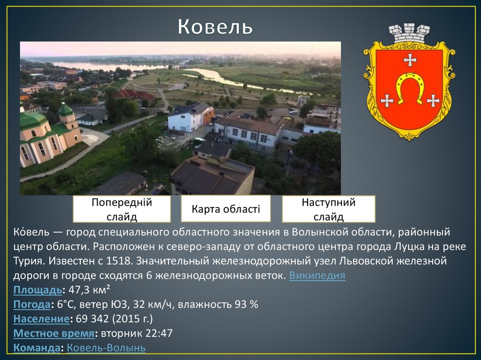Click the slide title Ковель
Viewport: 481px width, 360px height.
[x=215, y=28]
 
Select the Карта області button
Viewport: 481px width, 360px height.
[x=225, y=209]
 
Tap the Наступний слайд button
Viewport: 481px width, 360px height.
[x=328, y=209]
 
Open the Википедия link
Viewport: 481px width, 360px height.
[x=317, y=276]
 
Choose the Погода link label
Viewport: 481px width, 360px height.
[x=32, y=304]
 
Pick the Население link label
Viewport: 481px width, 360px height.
[x=41, y=319]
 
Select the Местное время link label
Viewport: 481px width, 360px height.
[x=54, y=333]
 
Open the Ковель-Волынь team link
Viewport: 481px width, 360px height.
[x=106, y=348]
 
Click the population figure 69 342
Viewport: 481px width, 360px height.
[x=92, y=319]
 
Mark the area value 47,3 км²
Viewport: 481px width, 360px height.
[x=89, y=290]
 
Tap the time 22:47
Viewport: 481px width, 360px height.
[x=160, y=333]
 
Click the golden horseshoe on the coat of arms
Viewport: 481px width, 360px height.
[x=410, y=87]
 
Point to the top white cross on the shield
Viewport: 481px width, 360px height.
[x=410, y=60]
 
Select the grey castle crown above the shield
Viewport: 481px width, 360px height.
[x=409, y=33]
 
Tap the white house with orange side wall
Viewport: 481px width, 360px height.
[x=190, y=118]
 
